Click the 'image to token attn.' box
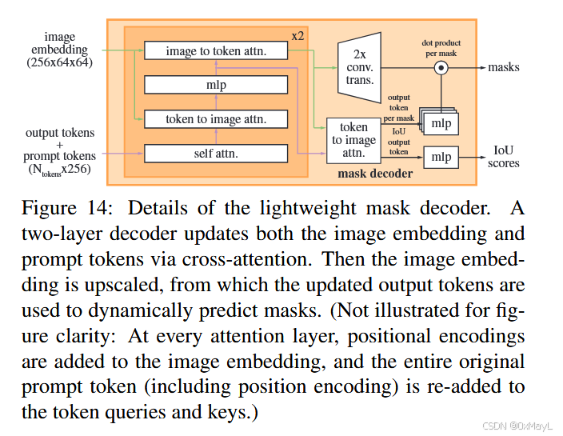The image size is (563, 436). (x=215, y=51)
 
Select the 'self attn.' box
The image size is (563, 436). (x=215, y=153)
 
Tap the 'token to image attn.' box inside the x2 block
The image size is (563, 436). (x=215, y=119)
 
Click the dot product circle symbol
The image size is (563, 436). (x=440, y=68)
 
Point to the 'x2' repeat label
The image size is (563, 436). (x=297, y=36)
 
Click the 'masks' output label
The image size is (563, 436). (x=504, y=68)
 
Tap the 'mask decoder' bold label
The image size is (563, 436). (x=375, y=173)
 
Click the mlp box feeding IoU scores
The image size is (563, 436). (x=441, y=157)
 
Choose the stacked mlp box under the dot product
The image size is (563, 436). (x=440, y=123)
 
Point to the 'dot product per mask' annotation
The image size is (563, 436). (x=441, y=48)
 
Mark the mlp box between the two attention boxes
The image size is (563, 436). (x=215, y=85)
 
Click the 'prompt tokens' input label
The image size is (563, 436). (x=59, y=156)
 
